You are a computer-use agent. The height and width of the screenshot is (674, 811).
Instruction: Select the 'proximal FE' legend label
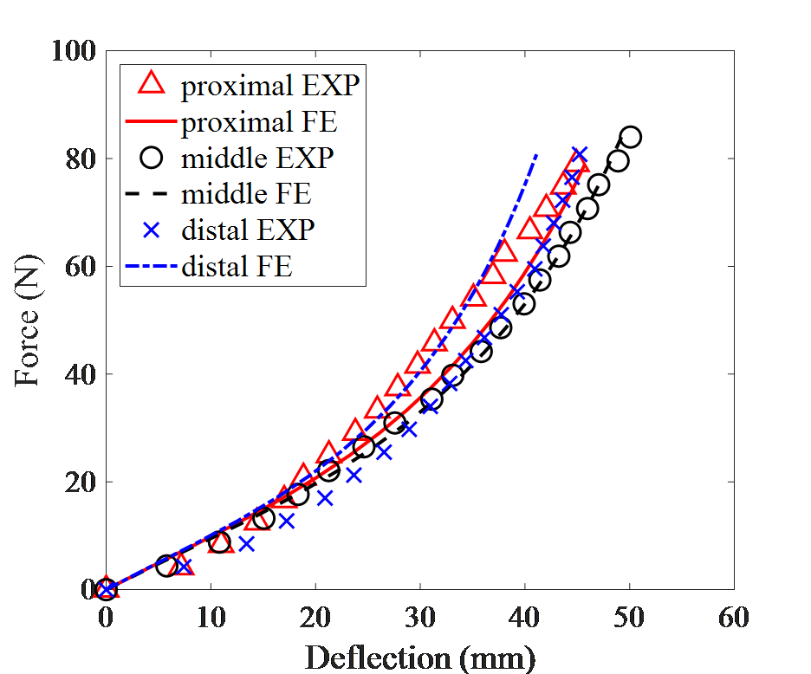259,122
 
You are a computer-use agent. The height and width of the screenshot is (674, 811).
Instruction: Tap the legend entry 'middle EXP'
257,159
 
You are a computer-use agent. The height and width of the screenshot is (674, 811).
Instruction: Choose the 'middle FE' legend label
246,194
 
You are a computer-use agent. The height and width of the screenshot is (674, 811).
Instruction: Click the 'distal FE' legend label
237,267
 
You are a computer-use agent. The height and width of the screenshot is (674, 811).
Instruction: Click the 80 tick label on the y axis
78,159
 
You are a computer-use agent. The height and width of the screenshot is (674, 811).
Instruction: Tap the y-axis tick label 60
78,266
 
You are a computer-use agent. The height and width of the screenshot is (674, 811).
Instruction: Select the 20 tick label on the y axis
78,481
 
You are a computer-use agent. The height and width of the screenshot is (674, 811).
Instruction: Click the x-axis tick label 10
211,619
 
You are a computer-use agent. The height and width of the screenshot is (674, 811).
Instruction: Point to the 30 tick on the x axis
420,619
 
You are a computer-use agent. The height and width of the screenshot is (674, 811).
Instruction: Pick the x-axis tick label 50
629,619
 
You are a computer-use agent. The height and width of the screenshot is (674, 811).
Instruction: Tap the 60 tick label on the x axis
734,619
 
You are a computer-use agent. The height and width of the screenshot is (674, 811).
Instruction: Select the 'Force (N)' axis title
26,321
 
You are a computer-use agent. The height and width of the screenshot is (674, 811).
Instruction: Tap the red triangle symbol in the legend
152,84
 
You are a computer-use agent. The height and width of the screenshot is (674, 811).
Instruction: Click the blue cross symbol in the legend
152,230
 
